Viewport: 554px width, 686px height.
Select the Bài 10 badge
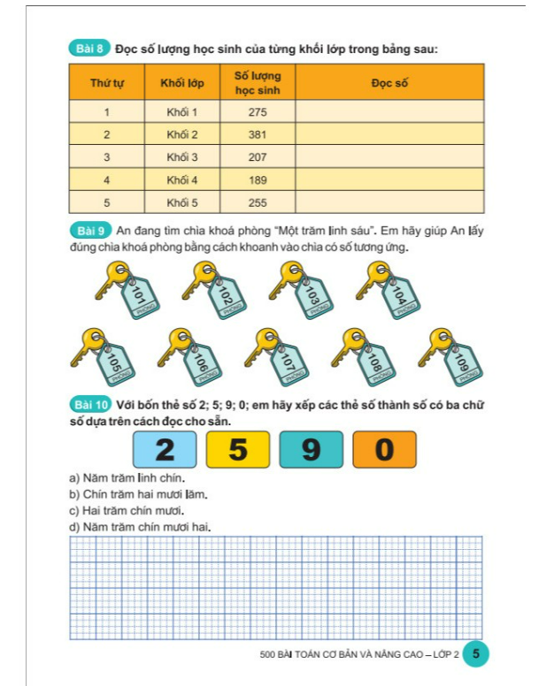click(89, 405)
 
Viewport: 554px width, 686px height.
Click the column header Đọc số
click(389, 82)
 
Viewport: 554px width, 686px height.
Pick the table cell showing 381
click(258, 134)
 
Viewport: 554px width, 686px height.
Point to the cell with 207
click(258, 157)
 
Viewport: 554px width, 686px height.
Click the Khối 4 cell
click(182, 179)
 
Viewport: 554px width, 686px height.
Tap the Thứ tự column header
click(107, 82)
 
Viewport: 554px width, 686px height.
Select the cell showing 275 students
click(258, 112)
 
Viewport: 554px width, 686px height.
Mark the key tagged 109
click(451, 356)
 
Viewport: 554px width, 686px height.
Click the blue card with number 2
click(165, 450)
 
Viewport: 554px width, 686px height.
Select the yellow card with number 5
click(238, 450)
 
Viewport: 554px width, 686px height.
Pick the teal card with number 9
click(311, 450)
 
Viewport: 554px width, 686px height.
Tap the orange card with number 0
click(384, 450)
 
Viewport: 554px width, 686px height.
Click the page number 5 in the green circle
click(475, 654)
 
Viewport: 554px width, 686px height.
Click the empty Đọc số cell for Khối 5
click(389, 202)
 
